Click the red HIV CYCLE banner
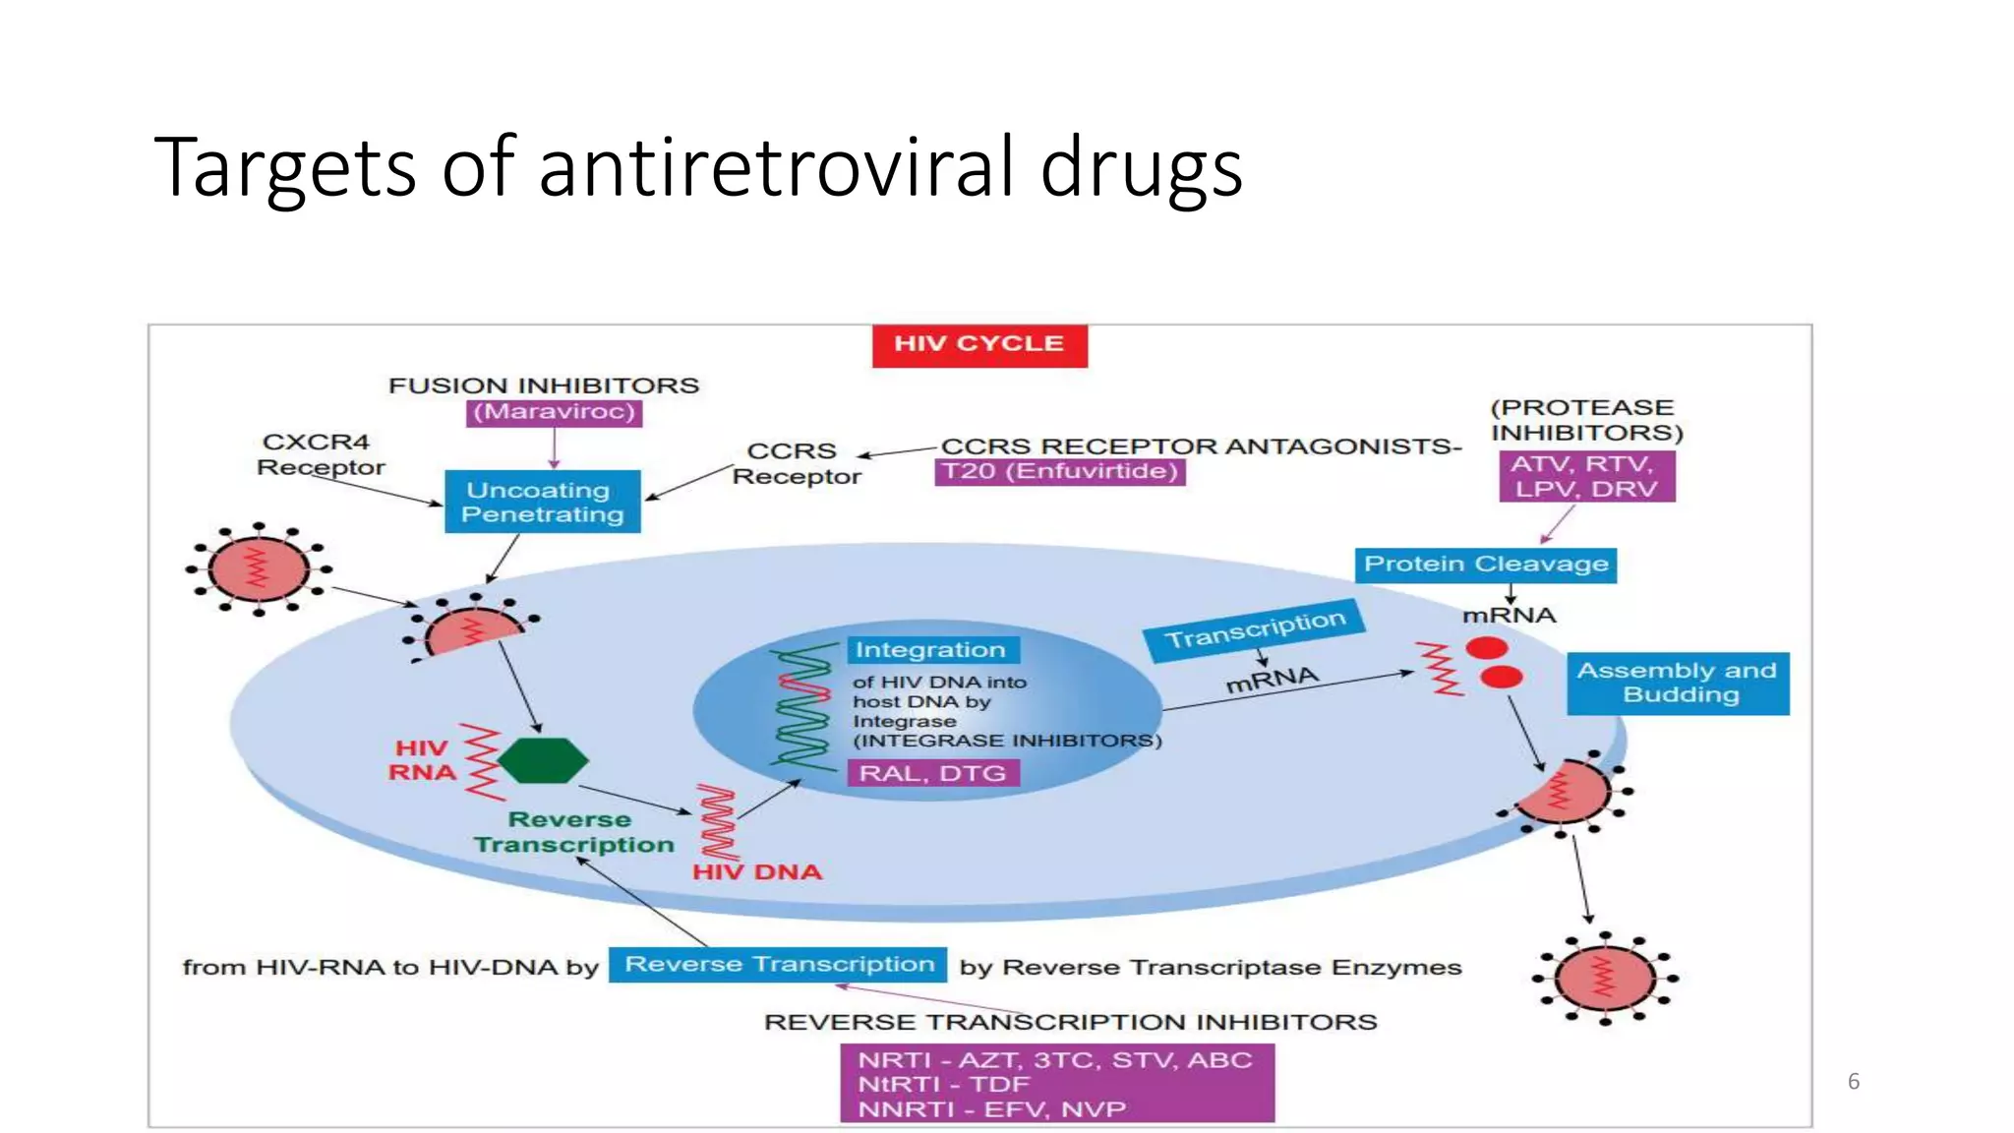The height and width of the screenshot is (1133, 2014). click(x=979, y=345)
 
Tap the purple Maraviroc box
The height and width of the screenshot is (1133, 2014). click(x=554, y=412)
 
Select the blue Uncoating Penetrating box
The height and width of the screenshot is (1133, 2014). click(x=543, y=502)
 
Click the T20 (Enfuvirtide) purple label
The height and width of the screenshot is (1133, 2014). click(x=1059, y=472)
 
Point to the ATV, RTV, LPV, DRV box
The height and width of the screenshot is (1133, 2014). click(x=1586, y=477)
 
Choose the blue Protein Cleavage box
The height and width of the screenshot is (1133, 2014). click(x=1485, y=565)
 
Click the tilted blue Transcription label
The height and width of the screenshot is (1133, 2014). click(x=1255, y=630)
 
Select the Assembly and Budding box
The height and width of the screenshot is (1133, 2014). click(x=1678, y=683)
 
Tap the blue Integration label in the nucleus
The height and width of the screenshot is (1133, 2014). click(x=931, y=650)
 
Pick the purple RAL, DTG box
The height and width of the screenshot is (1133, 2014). click(x=932, y=773)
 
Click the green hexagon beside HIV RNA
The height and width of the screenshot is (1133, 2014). click(x=543, y=760)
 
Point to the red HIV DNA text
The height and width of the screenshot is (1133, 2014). click(x=757, y=872)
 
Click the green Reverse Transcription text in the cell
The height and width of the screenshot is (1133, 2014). click(x=573, y=832)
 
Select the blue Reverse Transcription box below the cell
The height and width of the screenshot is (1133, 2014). click(x=778, y=965)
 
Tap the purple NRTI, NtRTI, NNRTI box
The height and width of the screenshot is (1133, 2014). click(x=1057, y=1084)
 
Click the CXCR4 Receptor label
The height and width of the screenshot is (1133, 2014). click(x=320, y=454)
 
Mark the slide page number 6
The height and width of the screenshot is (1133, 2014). click(x=1854, y=1082)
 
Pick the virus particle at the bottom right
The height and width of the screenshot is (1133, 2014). click(x=1605, y=979)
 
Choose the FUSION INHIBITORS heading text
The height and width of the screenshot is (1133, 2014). click(x=544, y=386)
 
